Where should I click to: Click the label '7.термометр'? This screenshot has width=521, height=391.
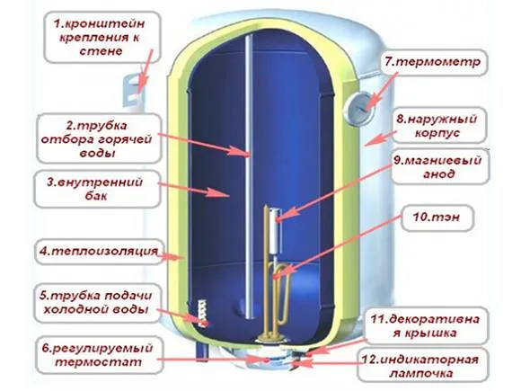click(433, 62)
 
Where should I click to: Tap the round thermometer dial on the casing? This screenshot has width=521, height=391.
click(360, 109)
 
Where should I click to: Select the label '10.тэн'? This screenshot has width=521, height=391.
click(437, 218)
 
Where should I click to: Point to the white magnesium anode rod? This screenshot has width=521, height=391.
click(276, 230)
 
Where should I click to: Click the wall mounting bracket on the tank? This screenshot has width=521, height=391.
click(133, 90)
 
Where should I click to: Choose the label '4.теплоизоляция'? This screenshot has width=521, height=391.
click(99, 251)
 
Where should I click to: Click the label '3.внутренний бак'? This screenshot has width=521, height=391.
click(95, 189)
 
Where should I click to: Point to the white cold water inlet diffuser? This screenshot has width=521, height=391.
click(202, 313)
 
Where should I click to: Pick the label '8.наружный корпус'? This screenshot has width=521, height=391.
click(437, 126)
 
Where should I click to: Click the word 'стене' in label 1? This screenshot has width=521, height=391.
click(101, 51)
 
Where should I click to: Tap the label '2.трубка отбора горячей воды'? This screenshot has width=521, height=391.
click(96, 139)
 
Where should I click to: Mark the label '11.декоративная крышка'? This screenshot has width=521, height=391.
click(425, 325)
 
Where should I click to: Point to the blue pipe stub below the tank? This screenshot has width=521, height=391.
click(202, 352)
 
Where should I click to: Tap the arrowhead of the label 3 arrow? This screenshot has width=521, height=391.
click(228, 195)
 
